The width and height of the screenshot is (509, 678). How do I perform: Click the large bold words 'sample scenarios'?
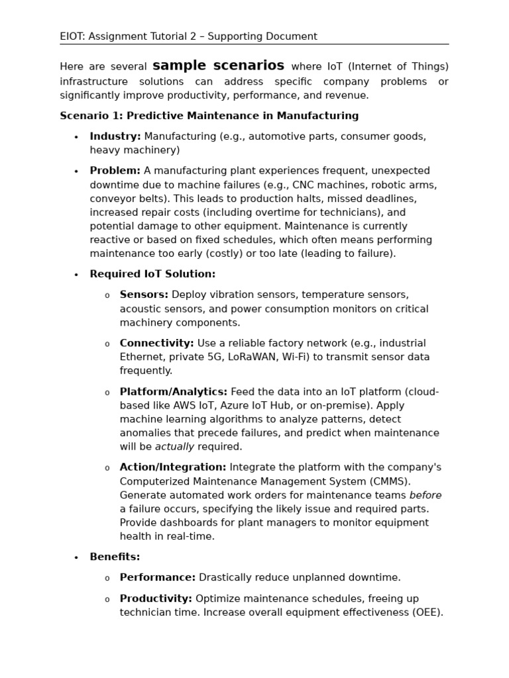(218, 66)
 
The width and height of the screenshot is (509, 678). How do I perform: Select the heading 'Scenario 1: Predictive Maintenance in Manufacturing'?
(209, 116)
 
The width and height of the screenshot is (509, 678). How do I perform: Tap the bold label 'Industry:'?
(115, 136)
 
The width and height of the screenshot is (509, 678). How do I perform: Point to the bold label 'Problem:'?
(115, 171)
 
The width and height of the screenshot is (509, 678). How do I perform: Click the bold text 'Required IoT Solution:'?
(152, 274)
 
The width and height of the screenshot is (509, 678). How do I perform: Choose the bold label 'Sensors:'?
(144, 295)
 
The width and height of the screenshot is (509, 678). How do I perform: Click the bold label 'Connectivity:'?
(156, 343)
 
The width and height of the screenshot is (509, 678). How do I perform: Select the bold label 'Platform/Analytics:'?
(173, 392)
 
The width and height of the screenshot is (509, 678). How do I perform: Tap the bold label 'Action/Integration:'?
(172, 467)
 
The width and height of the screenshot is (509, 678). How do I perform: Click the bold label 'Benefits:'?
(115, 557)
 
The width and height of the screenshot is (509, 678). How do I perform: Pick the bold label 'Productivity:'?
(156, 599)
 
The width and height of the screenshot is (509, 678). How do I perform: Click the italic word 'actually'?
(174, 447)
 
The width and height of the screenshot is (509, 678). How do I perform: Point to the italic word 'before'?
(425, 495)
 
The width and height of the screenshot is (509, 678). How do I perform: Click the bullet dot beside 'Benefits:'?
(76, 558)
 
